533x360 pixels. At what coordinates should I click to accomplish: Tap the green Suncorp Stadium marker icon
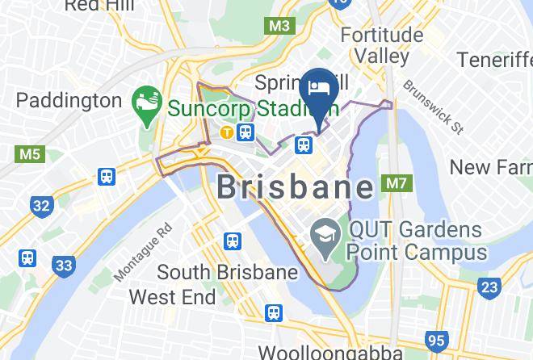(x=146, y=106)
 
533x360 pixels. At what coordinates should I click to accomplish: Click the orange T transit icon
(x=228, y=132)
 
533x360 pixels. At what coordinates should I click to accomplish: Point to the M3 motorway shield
(x=279, y=26)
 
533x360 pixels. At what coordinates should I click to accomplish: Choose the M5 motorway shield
(x=29, y=153)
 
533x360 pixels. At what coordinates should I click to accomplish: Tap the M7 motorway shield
(x=395, y=184)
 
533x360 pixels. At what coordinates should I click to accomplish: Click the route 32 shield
(x=41, y=205)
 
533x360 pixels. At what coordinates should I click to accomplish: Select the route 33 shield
(x=63, y=265)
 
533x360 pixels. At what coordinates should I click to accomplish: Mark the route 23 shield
(x=489, y=287)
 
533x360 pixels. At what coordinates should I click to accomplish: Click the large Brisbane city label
(x=296, y=188)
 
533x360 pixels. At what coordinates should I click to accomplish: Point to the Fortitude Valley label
(x=382, y=46)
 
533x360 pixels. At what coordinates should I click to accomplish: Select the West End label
(x=172, y=297)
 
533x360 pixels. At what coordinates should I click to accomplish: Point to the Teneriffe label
(x=494, y=60)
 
